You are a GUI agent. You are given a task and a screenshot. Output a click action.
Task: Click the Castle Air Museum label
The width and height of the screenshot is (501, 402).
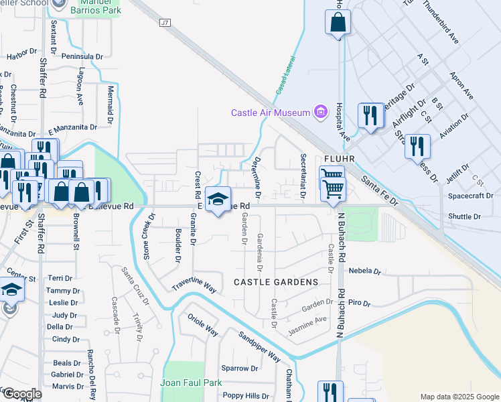point(271,113)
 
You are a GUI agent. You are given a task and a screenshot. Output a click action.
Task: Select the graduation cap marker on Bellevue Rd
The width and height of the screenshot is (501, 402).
point(218,200)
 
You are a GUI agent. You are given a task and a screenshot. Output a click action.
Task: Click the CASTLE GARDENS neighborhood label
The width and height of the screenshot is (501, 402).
point(275,283)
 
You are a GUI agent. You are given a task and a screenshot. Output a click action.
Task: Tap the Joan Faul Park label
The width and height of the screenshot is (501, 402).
point(191,383)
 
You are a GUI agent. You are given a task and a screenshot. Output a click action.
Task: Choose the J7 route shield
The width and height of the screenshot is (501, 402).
point(165,23)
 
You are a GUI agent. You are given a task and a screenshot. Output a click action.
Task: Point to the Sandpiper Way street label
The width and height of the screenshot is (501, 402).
point(259,346)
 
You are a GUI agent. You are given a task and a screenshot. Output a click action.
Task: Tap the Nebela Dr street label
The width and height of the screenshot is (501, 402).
point(364,271)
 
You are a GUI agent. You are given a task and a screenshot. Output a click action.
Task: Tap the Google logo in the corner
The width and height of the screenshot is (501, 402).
point(21,394)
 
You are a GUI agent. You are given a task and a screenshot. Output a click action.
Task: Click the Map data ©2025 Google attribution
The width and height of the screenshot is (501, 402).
point(459,397)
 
